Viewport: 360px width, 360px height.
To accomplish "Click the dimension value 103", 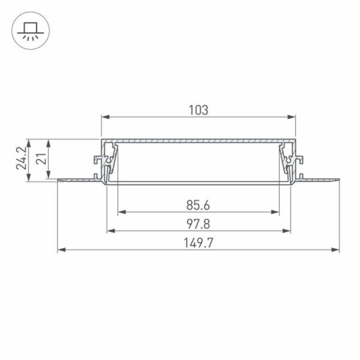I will (x=198, y=110).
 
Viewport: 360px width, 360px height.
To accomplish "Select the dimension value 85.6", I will (x=198, y=205).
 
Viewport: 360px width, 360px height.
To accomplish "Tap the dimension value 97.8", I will (x=198, y=224).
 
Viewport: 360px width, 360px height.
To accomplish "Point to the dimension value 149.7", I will (x=198, y=243).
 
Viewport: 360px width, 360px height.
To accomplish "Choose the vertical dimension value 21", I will (x=41, y=158).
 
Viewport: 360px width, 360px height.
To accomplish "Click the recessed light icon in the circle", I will (x=31, y=31).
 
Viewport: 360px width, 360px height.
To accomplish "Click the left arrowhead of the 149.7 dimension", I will (x=61, y=250).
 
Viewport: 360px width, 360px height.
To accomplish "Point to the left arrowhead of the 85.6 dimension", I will (x=121, y=212).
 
